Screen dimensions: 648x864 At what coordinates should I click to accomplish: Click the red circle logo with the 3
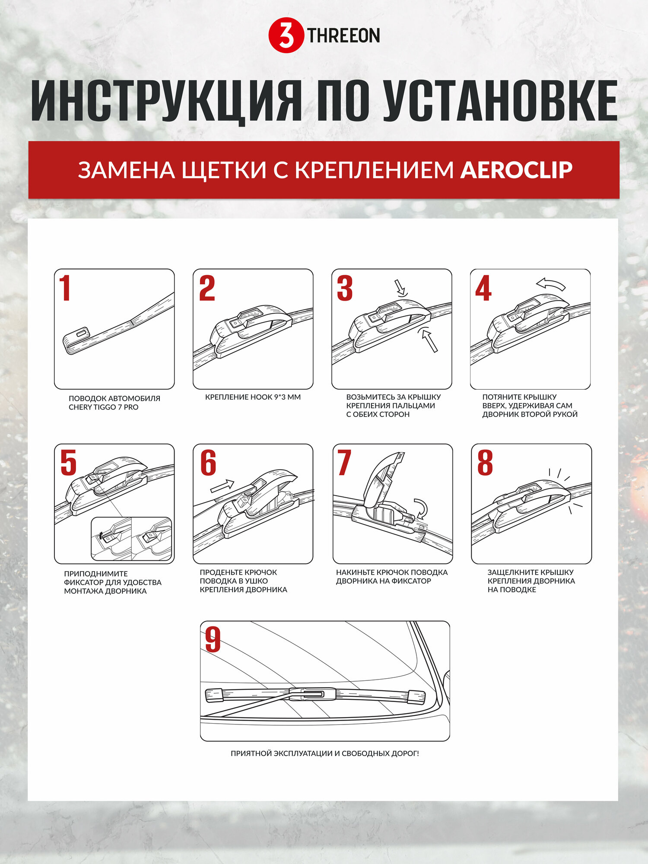click(286, 35)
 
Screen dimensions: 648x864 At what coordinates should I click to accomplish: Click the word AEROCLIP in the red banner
click(516, 170)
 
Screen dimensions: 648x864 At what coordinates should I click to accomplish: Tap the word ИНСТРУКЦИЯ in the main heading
click(166, 102)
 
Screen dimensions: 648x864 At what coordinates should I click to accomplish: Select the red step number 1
click(65, 288)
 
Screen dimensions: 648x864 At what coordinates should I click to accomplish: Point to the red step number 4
click(483, 288)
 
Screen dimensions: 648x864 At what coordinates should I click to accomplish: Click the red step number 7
click(344, 463)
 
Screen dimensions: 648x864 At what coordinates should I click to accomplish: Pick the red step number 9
click(213, 640)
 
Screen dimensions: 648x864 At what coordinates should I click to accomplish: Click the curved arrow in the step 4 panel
click(551, 284)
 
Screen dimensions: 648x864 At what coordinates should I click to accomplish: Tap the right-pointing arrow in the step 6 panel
click(222, 486)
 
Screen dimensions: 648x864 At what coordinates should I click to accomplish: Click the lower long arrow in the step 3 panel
click(429, 340)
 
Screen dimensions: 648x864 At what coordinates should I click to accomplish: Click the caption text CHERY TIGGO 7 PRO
click(104, 407)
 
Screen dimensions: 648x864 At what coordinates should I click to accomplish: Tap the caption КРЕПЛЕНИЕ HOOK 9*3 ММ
click(253, 397)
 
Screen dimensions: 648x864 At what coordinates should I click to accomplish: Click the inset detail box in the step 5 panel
click(131, 539)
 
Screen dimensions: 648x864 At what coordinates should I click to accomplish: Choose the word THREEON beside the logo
click(343, 35)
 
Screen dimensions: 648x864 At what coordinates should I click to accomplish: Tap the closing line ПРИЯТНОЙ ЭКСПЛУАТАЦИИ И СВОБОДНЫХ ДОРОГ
click(325, 753)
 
